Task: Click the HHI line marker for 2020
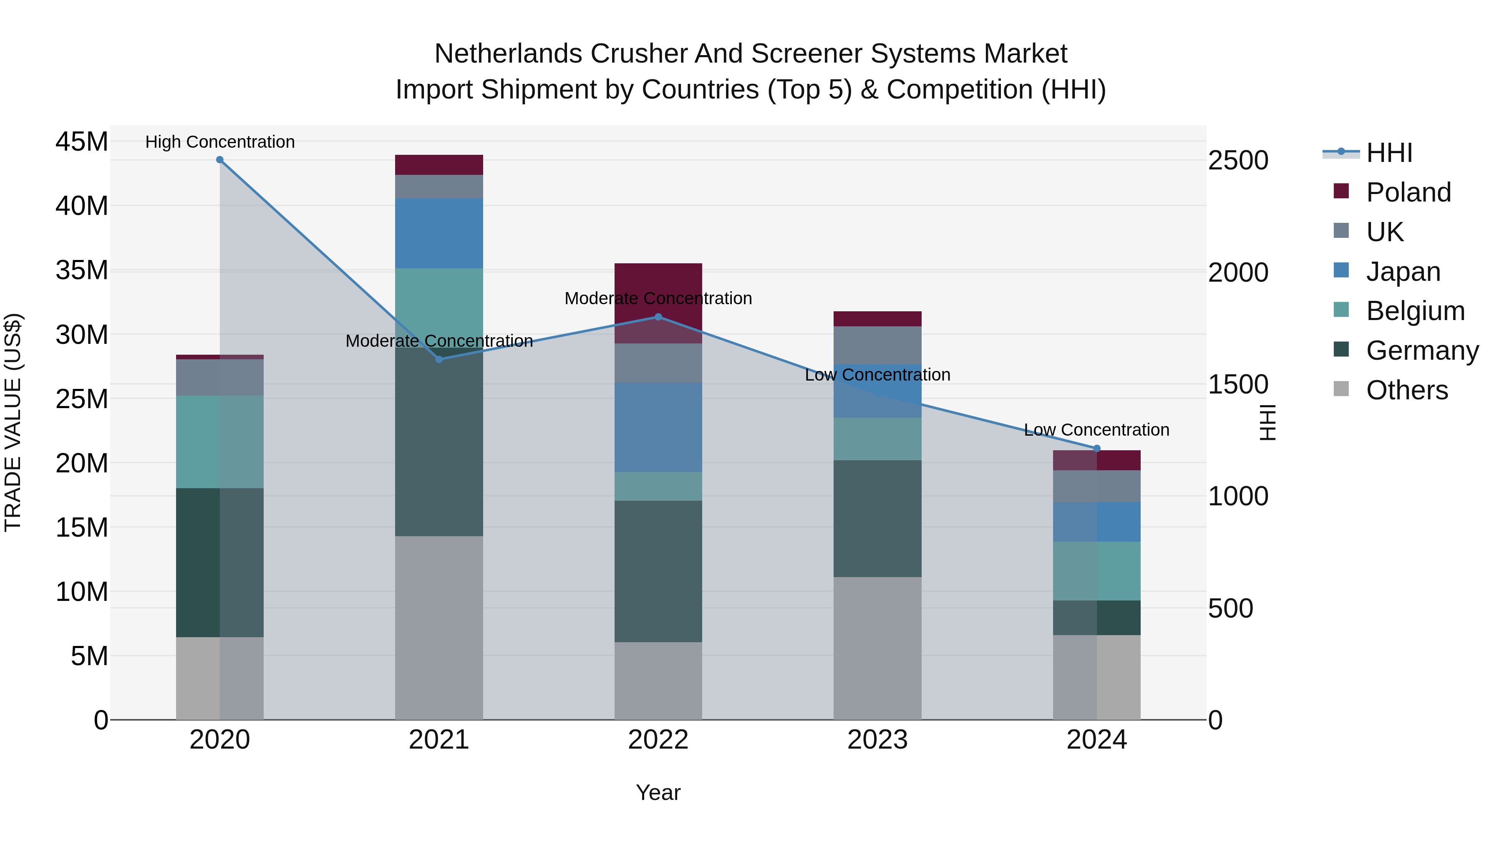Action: coord(220,160)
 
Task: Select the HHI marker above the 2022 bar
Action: coord(658,317)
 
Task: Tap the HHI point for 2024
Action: coord(1097,449)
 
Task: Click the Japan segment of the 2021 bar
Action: coord(439,233)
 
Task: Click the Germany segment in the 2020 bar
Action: coord(198,563)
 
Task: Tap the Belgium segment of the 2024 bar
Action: coord(1097,571)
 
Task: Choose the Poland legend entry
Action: coord(1408,192)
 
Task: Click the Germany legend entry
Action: coord(1421,351)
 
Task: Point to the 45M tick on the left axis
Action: coord(82,142)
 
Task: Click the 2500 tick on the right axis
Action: coord(1238,160)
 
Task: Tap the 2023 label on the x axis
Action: coord(877,740)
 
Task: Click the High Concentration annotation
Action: coord(220,142)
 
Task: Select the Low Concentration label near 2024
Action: coord(1097,430)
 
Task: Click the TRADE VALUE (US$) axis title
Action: coord(13,422)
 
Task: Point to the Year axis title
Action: coord(658,792)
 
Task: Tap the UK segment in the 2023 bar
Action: coord(877,345)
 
